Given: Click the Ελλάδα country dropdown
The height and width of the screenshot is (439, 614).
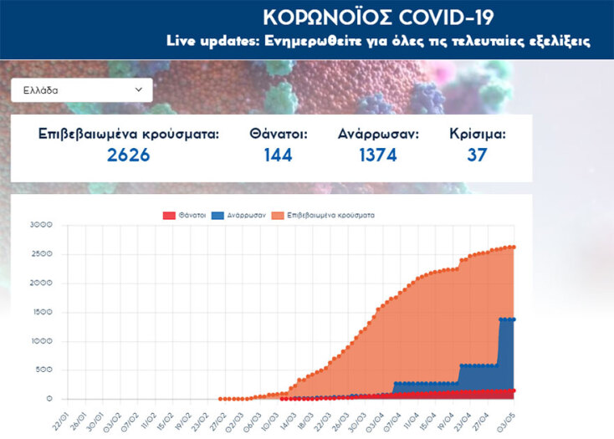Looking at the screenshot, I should [81, 89].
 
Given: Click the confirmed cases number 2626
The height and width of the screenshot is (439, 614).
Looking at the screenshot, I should [129, 155].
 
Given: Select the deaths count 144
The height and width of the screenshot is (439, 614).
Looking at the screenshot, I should [278, 155].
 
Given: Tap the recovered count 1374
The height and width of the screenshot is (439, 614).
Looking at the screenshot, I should [378, 155].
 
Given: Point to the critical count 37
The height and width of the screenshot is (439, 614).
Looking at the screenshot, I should [478, 155].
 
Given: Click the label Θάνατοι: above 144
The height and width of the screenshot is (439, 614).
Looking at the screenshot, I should [279, 134].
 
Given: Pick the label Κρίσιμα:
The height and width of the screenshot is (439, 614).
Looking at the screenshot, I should [478, 134].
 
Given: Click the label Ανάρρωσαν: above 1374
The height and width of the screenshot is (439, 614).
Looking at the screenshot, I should [379, 134].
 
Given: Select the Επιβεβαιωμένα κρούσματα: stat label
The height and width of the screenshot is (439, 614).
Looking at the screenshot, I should [129, 134].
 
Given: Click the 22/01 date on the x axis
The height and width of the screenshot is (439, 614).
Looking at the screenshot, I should [58, 416].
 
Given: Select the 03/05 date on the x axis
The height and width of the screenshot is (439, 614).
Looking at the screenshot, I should [507, 416].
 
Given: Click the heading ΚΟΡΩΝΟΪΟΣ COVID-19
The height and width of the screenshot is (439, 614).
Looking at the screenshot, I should [378, 18].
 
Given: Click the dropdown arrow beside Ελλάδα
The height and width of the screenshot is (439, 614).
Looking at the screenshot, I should [139, 89].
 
